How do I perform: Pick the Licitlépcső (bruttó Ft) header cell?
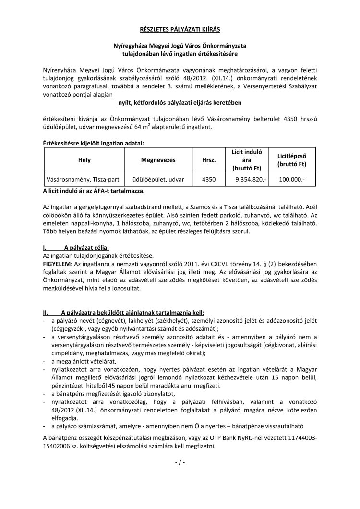click(x=292, y=159)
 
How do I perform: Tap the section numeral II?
click(x=46, y=312)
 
